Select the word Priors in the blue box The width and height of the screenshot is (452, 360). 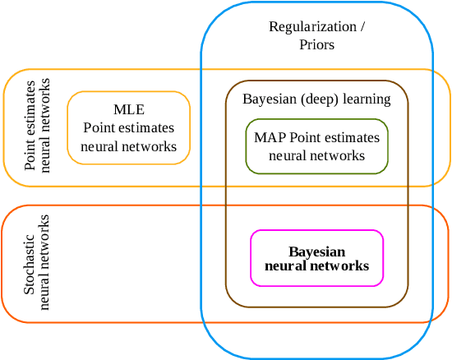[316, 44]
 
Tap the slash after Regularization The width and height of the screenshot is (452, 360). [362, 27]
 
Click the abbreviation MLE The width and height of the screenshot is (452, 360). [128, 110]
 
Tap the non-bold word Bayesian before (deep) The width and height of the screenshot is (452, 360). [268, 99]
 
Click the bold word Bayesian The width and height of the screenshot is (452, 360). [316, 252]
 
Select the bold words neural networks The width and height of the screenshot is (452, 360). [316, 266]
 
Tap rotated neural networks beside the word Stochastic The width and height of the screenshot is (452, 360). [45, 261]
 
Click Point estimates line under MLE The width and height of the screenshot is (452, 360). [128, 128]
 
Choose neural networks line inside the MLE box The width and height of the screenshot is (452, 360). [128, 146]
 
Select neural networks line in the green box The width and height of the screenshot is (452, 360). [316, 155]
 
